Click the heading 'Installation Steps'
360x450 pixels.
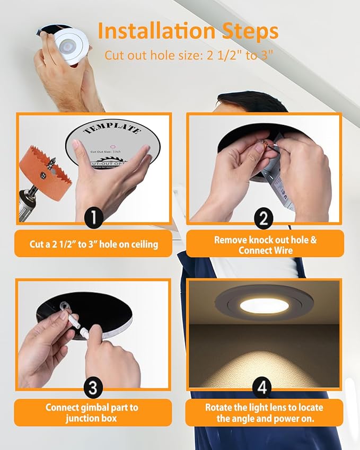188,31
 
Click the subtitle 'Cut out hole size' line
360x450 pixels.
188,56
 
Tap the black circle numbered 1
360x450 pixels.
93,217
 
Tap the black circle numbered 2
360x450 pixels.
264,217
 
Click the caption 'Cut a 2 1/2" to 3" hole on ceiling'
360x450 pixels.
93,244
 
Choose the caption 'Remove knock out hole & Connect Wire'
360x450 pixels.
265,244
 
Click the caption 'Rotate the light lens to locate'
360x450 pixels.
264,408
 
